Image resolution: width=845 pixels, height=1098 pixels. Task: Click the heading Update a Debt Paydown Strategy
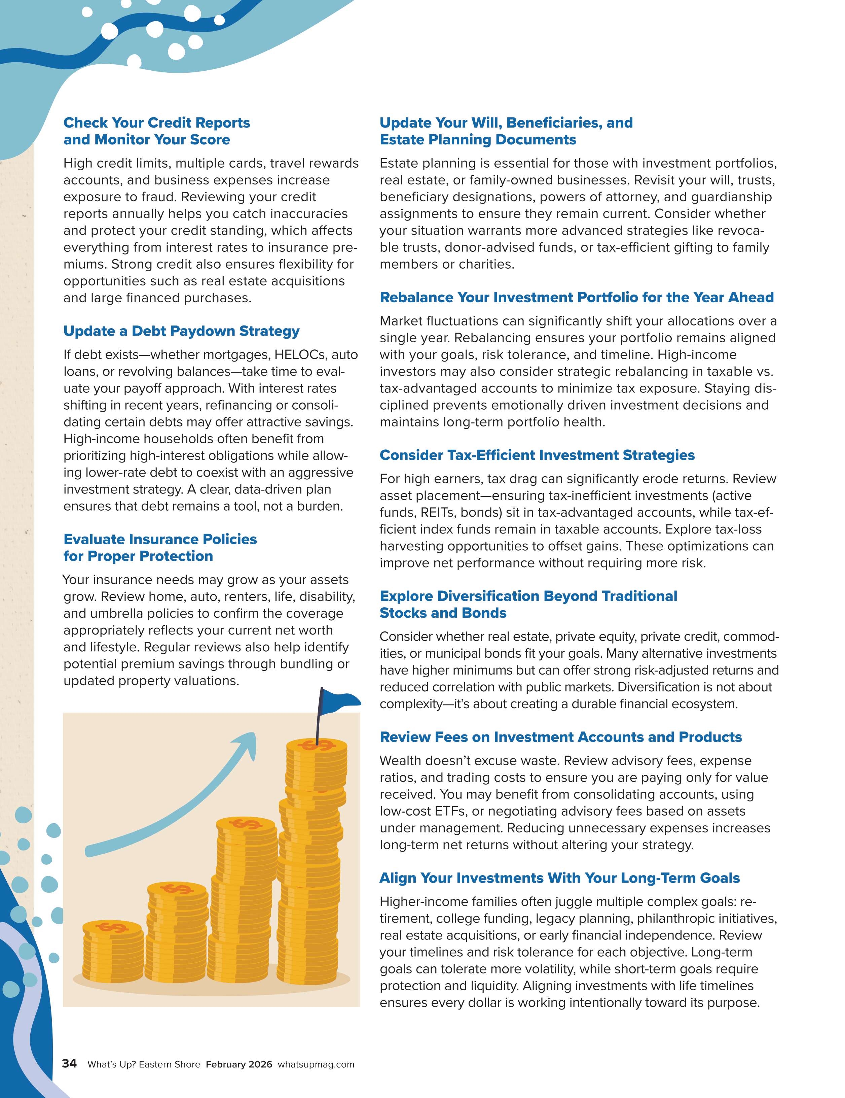[x=181, y=331]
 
